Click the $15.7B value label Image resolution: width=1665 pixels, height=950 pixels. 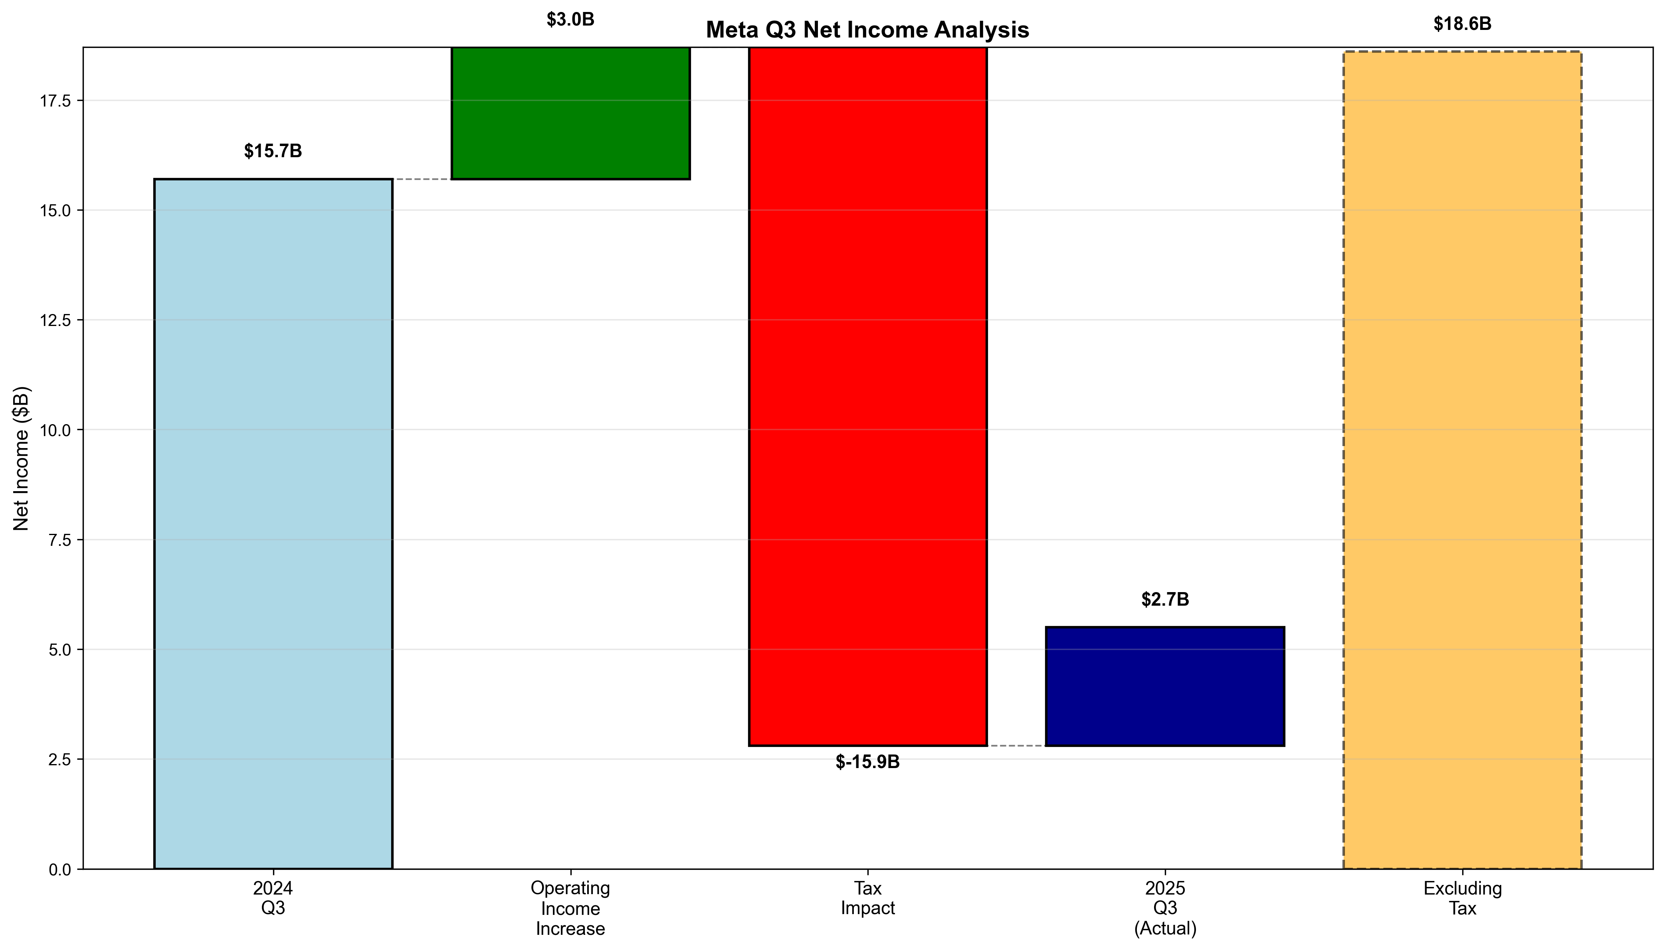coord(273,151)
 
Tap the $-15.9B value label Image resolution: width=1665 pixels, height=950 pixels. coord(867,762)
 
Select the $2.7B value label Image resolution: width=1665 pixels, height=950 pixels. coord(1165,600)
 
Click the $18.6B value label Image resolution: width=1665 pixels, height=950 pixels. coord(1462,24)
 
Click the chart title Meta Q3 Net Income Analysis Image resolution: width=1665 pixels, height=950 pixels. coord(867,30)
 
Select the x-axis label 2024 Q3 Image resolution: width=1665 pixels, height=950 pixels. coord(273,898)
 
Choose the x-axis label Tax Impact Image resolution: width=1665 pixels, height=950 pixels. coord(867,898)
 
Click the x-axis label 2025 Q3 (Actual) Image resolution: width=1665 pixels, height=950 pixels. coord(1165,908)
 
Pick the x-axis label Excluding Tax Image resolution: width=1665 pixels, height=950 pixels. coord(1462,898)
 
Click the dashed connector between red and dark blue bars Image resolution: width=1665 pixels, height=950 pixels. coord(1016,745)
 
